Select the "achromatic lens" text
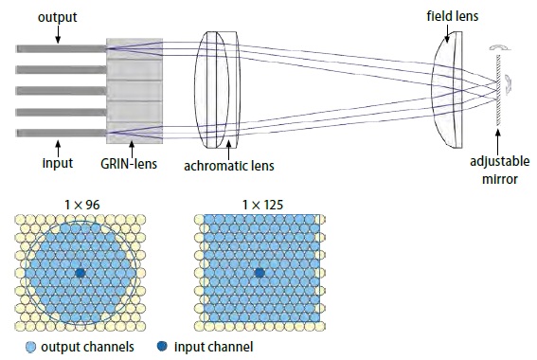(x=229, y=166)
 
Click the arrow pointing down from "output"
(x=59, y=33)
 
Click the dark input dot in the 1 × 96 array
(x=81, y=272)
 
